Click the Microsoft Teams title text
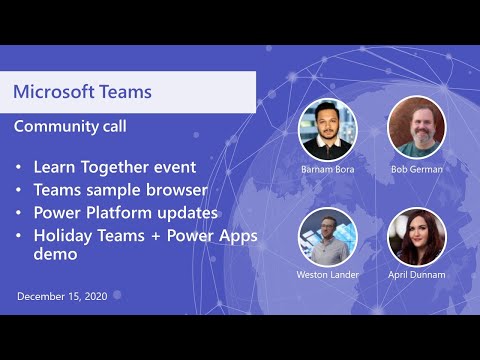[x=82, y=92]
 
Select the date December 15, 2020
[x=63, y=297]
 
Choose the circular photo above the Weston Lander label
[x=327, y=236]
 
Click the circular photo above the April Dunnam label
[x=416, y=236]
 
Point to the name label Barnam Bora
[x=327, y=169]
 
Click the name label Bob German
[x=416, y=169]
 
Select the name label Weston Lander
[x=327, y=275]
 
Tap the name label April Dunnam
[x=416, y=275]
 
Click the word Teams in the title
[x=124, y=92]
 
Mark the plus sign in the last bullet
[x=154, y=237]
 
